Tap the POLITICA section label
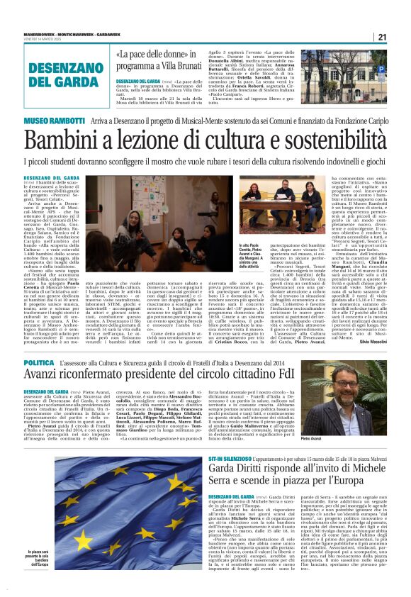pos(39,362)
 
